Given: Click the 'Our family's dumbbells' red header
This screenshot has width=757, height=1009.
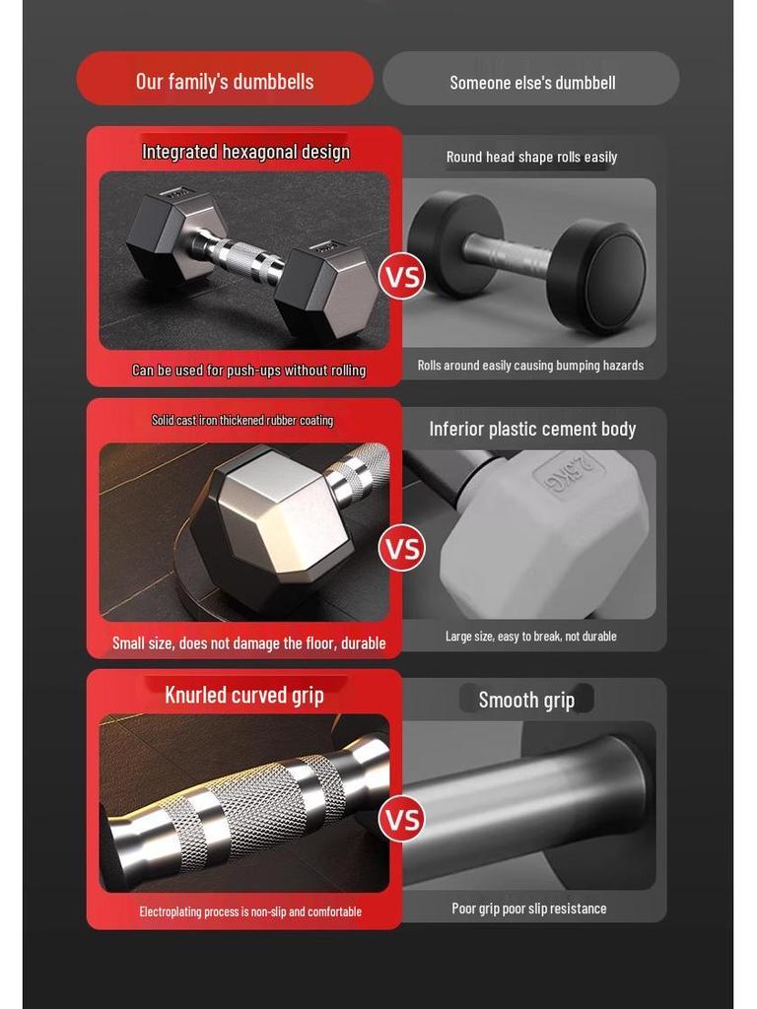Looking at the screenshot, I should coord(225,80).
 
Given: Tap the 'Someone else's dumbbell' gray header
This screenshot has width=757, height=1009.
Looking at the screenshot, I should coord(532,82).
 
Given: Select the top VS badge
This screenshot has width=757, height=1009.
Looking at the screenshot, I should coord(401,276).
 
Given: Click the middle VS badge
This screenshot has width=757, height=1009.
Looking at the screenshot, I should coord(401,548).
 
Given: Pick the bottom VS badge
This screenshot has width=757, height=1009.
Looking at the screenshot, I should coord(401,820).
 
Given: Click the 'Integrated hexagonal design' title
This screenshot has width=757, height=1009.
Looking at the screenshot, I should coord(245,152).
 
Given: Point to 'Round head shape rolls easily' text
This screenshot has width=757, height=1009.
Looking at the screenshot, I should coord(531,157).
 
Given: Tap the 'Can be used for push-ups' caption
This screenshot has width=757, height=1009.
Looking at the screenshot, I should coord(248,370).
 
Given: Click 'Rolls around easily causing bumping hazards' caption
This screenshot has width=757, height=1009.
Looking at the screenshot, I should coord(530,366).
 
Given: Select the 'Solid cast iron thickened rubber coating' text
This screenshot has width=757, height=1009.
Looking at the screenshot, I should coord(242,421).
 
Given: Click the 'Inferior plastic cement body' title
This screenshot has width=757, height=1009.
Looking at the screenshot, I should coord(532,429).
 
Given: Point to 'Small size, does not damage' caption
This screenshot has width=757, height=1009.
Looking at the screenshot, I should coord(248,643).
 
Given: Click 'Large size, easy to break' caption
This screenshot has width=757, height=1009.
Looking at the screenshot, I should coord(530,637).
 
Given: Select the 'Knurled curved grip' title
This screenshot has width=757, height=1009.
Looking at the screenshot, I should coord(244,695).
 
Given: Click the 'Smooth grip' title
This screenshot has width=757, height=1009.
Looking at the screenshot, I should coord(526,700).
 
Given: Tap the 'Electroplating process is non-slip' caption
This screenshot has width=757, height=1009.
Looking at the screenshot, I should coord(250,911).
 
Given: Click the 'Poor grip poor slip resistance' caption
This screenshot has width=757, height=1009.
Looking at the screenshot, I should coord(529,908).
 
